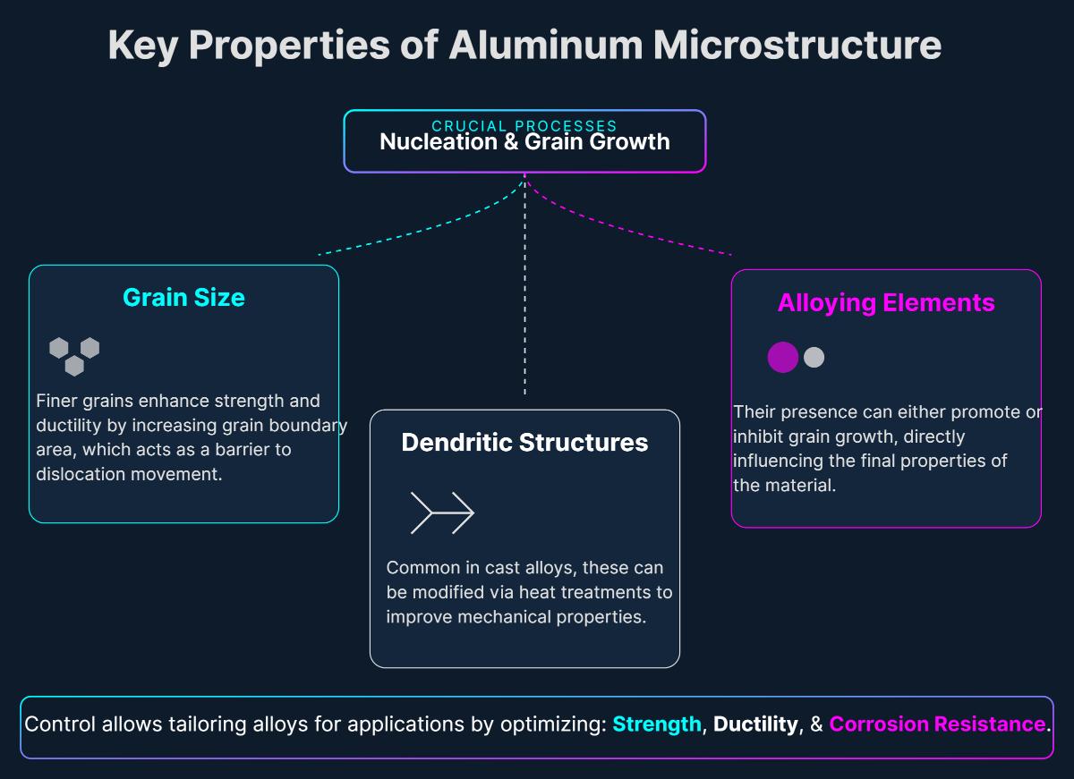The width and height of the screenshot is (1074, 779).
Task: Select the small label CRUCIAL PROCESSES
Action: [524, 126]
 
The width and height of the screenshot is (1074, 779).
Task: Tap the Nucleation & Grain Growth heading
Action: [524, 142]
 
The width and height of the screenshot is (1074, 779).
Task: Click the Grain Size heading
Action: [183, 297]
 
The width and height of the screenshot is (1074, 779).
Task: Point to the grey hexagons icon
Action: [74, 356]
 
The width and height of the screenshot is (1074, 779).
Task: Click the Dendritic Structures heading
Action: [524, 442]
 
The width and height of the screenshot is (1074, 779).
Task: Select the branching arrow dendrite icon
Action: [442, 512]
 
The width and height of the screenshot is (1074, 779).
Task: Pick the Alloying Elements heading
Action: [886, 302]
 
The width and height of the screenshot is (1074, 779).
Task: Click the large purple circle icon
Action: [783, 358]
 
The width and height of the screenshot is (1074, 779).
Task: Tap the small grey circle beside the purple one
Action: [814, 358]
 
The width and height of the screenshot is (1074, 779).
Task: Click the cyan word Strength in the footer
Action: [657, 724]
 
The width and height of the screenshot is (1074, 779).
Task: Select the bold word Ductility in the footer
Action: [755, 724]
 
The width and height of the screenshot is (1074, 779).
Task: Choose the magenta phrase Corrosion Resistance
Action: [937, 724]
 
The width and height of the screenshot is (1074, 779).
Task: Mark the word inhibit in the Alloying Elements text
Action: [759, 436]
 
